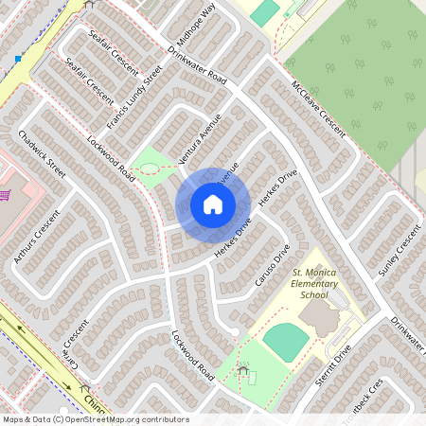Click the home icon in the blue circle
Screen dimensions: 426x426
pos(212,204)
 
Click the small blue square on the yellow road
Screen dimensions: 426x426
pos(17,59)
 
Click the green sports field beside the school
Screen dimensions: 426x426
pos(284,342)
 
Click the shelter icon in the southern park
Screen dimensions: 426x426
pos(245,370)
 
